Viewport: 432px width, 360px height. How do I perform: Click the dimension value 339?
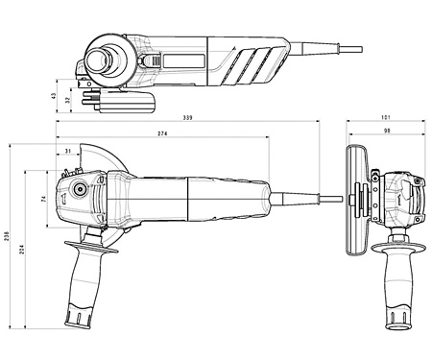(187, 118)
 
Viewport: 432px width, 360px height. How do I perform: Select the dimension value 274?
(162, 133)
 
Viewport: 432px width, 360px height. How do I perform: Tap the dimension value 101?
(386, 117)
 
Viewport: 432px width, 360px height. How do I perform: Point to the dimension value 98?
(387, 131)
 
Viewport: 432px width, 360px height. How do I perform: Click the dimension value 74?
(44, 199)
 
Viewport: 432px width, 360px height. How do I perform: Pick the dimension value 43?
(54, 96)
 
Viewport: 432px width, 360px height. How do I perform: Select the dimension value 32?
(67, 100)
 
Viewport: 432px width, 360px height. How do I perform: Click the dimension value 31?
(68, 151)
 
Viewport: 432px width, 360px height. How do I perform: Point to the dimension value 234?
(21, 249)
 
